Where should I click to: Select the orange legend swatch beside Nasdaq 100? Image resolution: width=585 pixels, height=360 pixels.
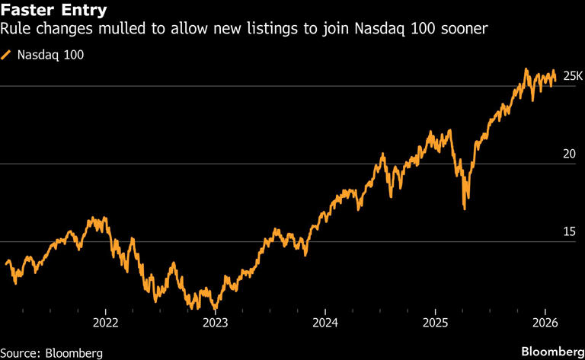point(7,55)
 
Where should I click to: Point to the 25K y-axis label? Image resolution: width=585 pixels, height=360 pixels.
point(573,76)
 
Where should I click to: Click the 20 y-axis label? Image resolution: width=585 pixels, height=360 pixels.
point(568,154)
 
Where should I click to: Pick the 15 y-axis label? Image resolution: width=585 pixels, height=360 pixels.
point(568,231)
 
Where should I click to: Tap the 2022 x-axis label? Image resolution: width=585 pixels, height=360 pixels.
point(105,323)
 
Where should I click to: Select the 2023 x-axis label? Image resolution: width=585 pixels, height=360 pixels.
point(216,323)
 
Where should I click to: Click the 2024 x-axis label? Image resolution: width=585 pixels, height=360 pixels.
point(325,323)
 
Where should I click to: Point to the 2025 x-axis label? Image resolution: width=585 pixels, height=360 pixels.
point(435,323)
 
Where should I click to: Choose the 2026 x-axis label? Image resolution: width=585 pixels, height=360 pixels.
point(545,323)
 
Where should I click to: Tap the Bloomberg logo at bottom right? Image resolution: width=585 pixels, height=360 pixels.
point(548,352)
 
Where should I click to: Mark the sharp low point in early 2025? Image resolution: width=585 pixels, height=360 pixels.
point(465,208)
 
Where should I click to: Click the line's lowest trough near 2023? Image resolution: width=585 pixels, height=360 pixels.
point(216,309)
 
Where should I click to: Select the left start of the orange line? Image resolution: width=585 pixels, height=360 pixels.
point(6,263)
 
